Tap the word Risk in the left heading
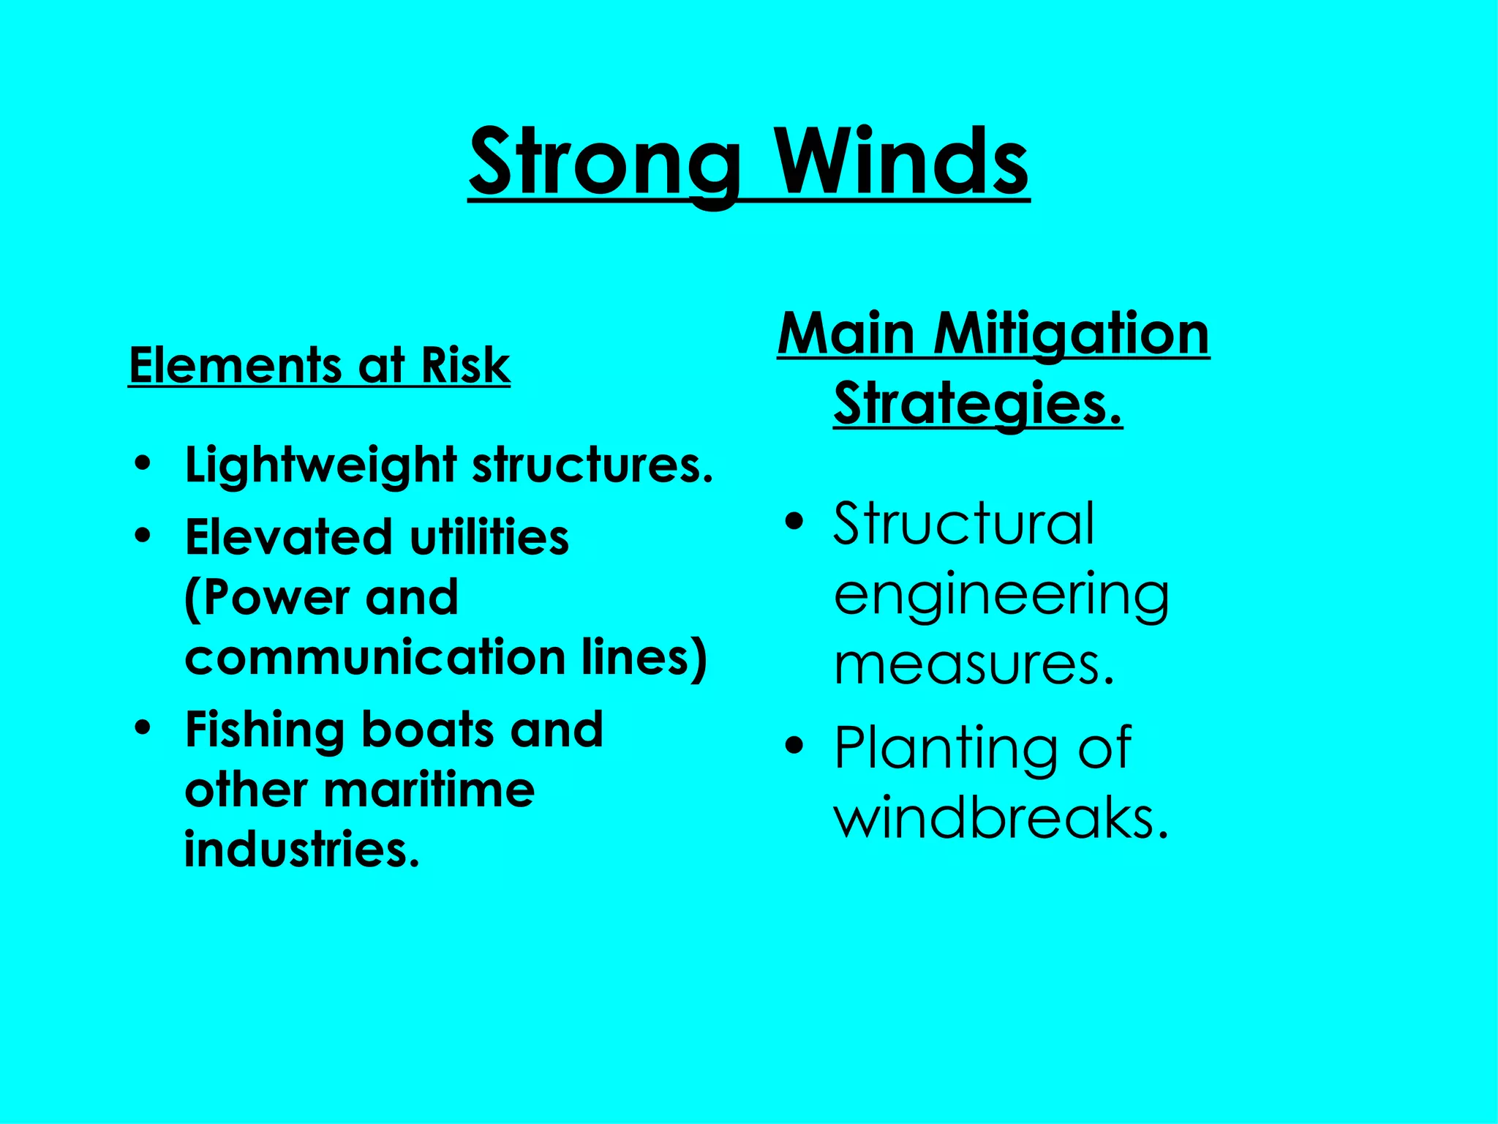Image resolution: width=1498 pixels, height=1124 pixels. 465,365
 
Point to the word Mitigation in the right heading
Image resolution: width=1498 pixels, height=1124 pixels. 1072,334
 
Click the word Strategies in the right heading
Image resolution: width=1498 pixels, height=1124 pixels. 976,404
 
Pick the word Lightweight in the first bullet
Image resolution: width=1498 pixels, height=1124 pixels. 321,466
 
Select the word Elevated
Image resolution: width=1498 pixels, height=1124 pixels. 290,537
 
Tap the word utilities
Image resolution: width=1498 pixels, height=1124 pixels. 489,537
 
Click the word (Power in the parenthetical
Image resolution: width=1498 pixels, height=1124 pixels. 266,598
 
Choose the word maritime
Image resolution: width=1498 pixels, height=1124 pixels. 429,790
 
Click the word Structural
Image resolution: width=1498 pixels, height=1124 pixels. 964,524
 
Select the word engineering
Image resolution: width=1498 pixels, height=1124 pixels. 1001,596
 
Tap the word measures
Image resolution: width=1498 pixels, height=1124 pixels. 973,664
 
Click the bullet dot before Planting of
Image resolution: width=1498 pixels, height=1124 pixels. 794,746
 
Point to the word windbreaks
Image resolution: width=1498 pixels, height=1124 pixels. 1001,817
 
